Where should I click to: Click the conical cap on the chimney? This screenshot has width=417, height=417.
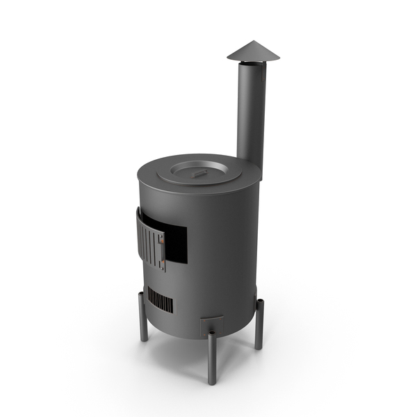point(251,53)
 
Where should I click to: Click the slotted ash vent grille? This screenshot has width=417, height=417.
point(160,302)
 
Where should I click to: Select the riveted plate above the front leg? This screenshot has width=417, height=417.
point(212,324)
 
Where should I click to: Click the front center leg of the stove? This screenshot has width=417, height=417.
point(211,358)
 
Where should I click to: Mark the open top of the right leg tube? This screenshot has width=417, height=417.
point(259,302)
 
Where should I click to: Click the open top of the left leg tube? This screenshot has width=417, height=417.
point(142,294)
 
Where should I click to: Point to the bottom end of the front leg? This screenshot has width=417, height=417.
point(211,381)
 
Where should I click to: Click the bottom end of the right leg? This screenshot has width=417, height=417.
point(259,346)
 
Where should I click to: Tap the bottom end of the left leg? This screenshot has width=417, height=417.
point(144,339)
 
